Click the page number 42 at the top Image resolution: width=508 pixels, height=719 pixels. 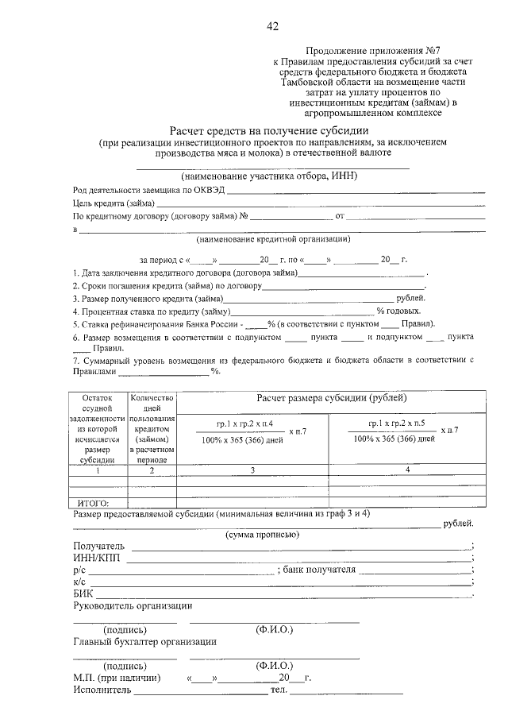click(272, 26)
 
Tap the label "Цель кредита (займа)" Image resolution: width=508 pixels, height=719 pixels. click(114, 203)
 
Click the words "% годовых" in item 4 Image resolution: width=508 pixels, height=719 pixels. click(398, 311)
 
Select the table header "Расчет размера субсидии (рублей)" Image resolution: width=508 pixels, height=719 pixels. click(331, 396)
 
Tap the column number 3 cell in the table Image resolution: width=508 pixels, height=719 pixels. click(251, 470)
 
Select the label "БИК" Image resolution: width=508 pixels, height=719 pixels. click(83, 593)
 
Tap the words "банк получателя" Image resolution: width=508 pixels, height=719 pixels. click(318, 570)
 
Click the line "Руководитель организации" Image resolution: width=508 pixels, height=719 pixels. click(133, 605)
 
